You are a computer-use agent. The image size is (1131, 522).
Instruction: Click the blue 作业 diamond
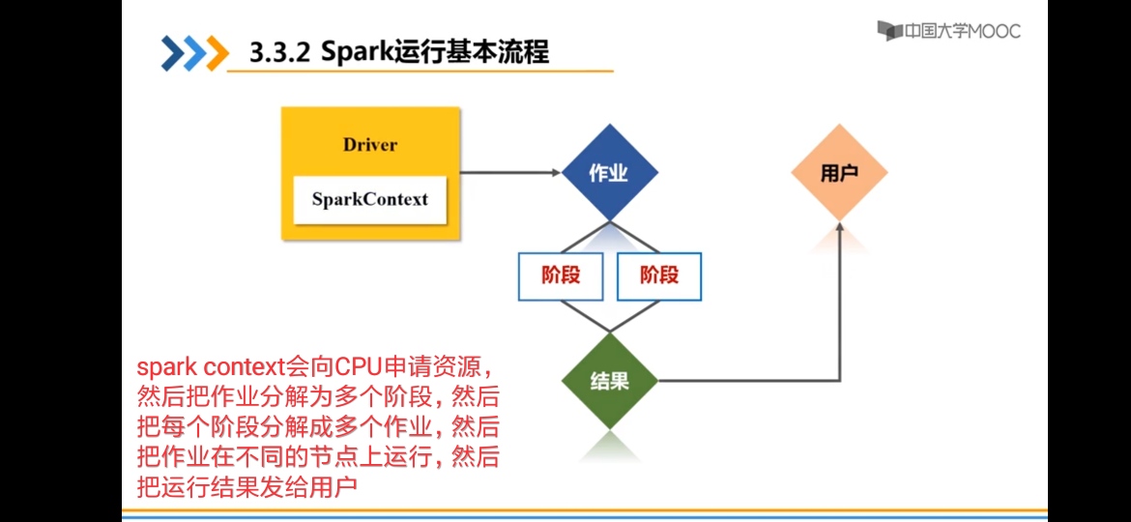click(609, 173)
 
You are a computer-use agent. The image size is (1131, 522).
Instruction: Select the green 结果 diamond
click(609, 381)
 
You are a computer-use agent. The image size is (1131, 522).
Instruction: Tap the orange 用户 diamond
click(839, 173)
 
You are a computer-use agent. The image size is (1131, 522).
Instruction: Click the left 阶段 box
click(561, 275)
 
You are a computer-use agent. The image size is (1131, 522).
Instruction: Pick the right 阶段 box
click(659, 275)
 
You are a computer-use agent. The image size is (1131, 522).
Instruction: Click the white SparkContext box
click(369, 200)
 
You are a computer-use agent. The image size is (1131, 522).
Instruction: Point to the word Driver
click(369, 145)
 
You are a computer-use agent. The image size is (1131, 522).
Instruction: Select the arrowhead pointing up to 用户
click(839, 229)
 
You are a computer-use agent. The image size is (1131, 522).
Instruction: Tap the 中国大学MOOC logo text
click(963, 31)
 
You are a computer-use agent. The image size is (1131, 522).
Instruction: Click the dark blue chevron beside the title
click(172, 52)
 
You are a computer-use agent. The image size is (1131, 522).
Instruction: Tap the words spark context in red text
click(211, 367)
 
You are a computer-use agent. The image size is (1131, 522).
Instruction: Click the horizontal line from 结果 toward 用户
click(744, 381)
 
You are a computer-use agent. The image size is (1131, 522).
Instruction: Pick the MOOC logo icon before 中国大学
click(889, 31)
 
